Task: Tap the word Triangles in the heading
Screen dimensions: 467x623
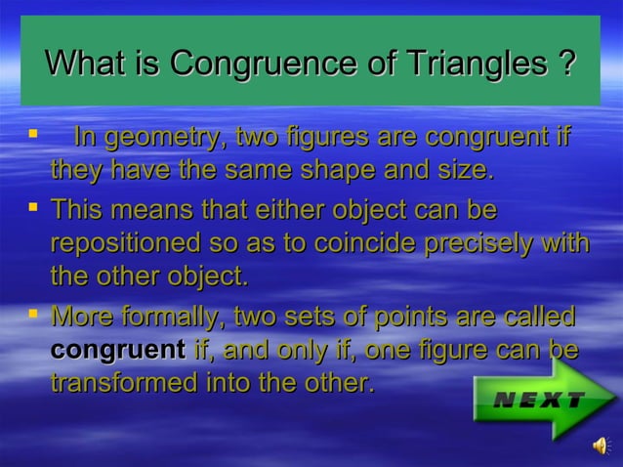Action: (x=468, y=64)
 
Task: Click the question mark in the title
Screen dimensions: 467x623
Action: (x=563, y=64)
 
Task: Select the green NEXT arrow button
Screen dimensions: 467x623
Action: (x=543, y=399)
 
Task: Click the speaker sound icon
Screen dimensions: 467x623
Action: (x=599, y=446)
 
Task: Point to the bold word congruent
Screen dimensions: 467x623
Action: (x=117, y=349)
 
